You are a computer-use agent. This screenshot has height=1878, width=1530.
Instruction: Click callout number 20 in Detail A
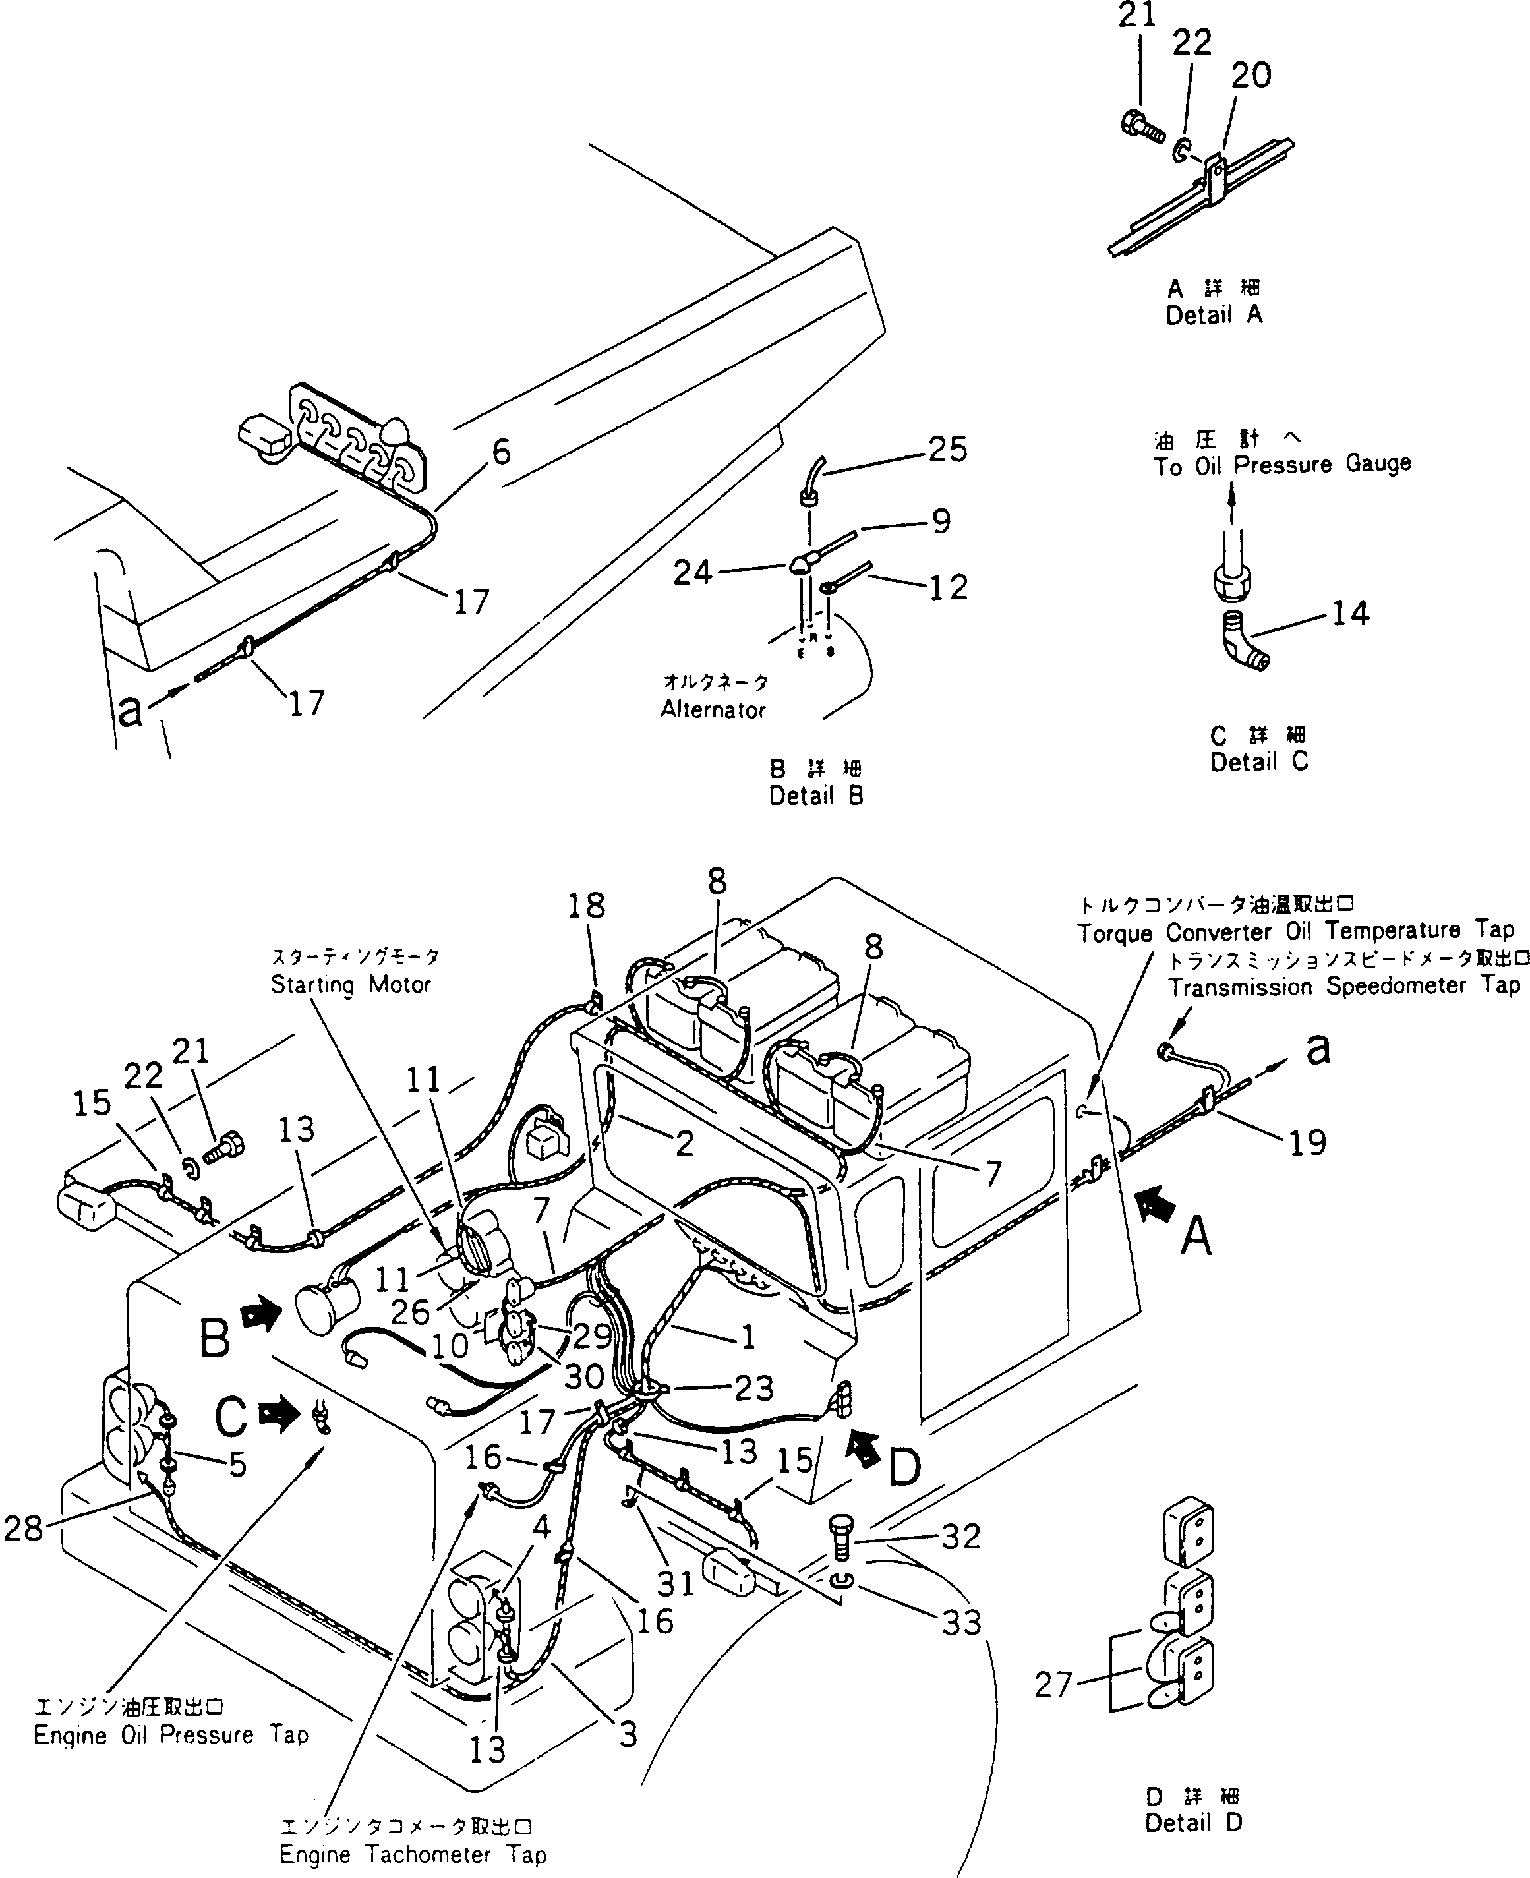click(1250, 76)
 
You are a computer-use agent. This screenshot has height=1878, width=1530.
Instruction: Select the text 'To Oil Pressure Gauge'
click(1281, 465)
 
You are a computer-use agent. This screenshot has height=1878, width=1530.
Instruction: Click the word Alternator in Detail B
click(713, 709)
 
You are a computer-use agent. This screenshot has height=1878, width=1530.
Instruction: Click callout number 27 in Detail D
click(1053, 1685)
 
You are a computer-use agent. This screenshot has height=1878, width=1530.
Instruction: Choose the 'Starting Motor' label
click(350, 984)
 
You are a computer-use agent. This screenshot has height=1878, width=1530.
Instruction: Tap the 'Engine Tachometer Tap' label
click(413, 1854)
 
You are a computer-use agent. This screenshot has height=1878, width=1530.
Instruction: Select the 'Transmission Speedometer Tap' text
click(1344, 985)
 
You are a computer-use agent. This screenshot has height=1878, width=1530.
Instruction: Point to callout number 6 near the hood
click(500, 452)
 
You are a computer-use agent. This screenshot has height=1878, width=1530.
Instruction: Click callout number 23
click(753, 1388)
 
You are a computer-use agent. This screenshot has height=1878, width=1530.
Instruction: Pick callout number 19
click(1307, 1142)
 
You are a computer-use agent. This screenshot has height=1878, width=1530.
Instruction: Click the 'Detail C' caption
click(1258, 761)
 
